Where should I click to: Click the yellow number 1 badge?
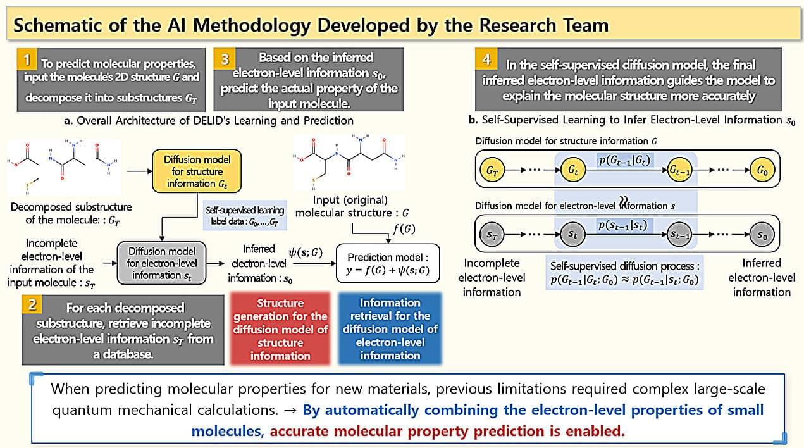click(27, 59)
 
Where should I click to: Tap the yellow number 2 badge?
click(32, 305)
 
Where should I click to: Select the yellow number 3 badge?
click(225, 58)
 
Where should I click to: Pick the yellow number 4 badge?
click(486, 59)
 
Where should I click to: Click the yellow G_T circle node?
click(492, 170)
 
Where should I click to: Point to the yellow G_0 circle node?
click(762, 170)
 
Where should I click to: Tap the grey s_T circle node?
click(492, 234)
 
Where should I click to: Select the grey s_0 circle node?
click(762, 234)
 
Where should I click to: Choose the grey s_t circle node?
click(573, 234)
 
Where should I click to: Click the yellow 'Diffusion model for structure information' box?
click(197, 171)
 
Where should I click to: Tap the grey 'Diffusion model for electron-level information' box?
click(161, 263)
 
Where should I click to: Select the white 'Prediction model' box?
click(388, 263)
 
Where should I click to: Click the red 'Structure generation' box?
click(280, 329)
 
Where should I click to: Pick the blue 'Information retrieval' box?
click(390, 329)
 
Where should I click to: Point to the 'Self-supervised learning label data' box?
click(245, 215)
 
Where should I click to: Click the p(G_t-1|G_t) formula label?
click(624, 160)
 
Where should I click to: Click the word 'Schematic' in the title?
click(70, 25)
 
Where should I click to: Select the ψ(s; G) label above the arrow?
click(306, 252)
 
